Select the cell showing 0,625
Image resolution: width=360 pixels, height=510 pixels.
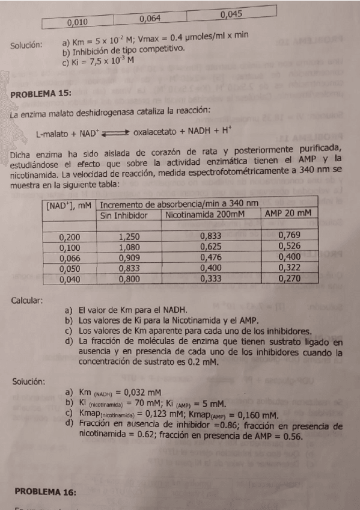pyautogui.click(x=210, y=246)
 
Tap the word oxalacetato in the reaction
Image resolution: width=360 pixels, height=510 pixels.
pyautogui.click(x=156, y=132)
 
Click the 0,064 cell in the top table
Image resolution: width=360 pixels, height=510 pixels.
pyautogui.click(x=150, y=19)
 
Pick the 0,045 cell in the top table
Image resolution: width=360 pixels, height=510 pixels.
pyautogui.click(x=231, y=14)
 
